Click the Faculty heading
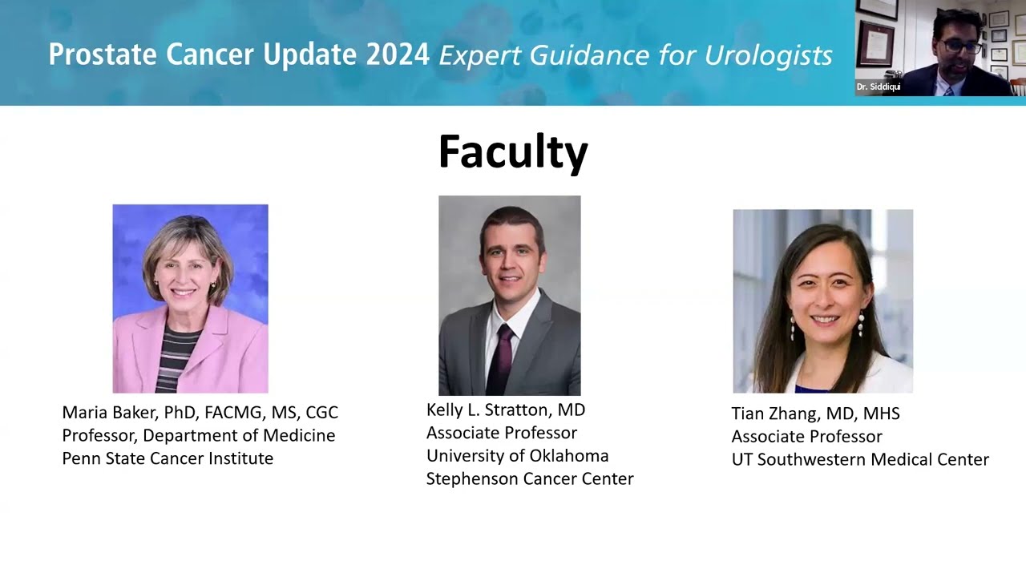513,153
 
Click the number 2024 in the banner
398,54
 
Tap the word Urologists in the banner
768,55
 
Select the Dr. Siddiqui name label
878,87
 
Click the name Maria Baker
110,412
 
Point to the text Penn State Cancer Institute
168,458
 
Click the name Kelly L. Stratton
487,410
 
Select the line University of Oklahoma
518,456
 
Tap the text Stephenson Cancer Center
530,478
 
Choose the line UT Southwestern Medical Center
860,459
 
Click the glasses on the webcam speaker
960,46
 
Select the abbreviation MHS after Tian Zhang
881,413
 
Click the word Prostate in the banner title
103,54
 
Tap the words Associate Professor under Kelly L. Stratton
502,433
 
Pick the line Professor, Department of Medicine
199,435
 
